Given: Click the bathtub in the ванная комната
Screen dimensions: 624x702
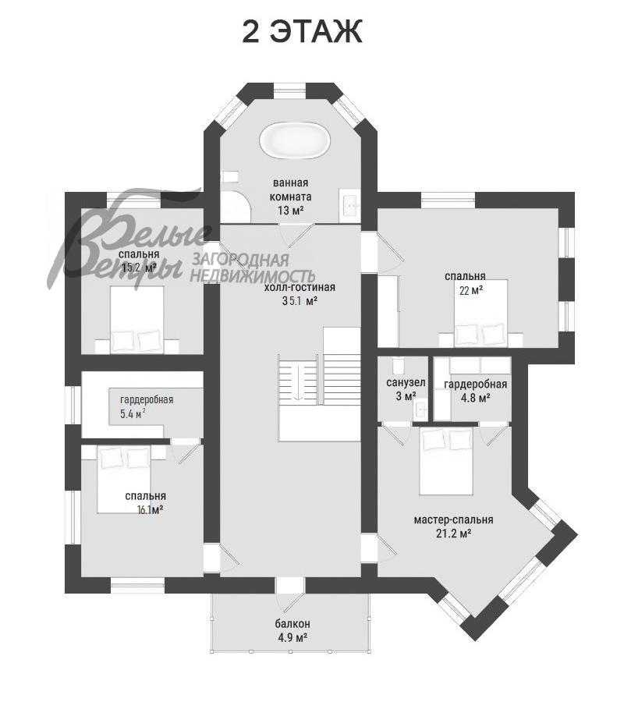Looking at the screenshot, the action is click(x=295, y=140).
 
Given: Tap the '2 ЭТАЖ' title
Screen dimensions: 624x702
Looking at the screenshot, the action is click(x=302, y=31).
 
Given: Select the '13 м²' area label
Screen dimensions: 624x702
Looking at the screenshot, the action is click(x=290, y=210).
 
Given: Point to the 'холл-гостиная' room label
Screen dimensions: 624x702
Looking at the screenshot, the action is click(x=300, y=287).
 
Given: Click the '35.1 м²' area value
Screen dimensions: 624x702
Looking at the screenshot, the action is click(x=300, y=301).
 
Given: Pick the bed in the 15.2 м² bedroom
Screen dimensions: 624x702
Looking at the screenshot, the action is click(x=137, y=320).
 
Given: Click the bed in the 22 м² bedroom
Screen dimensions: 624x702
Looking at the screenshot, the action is click(x=480, y=313).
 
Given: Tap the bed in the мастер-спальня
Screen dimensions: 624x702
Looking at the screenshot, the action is click(x=446, y=461).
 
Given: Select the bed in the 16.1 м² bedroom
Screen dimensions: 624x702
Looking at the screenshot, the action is click(x=124, y=479).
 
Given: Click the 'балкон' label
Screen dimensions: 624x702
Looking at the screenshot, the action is click(x=292, y=624).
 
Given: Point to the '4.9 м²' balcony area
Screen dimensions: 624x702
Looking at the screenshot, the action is click(x=292, y=637).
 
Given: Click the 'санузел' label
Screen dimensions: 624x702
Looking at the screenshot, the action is click(x=406, y=383).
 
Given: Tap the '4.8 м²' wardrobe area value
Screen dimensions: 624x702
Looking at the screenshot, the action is click(x=475, y=398).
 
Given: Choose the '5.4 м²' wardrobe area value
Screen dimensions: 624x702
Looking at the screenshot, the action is click(x=133, y=413).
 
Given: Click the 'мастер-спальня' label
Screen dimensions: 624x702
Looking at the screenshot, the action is click(x=453, y=519).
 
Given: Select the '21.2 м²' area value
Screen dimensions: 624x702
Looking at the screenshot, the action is click(x=453, y=534).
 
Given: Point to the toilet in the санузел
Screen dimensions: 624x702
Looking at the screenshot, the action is click(x=398, y=366).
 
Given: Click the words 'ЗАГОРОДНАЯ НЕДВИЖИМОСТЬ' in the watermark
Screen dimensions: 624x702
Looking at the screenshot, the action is click(x=253, y=268).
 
